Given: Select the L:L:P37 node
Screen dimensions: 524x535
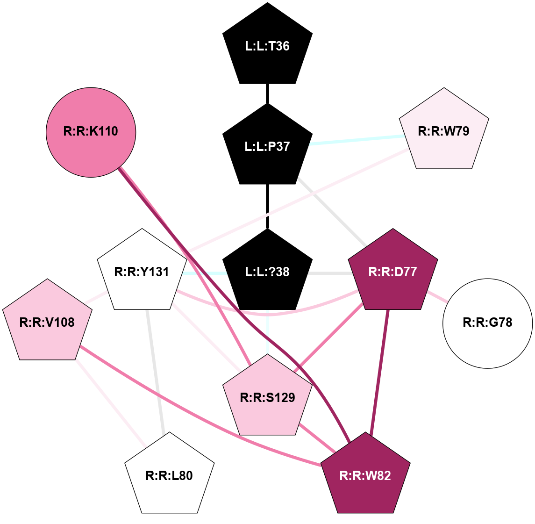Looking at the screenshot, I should pyautogui.click(x=267, y=146).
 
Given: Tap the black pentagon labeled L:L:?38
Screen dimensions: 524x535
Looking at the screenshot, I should pyautogui.click(x=267, y=272).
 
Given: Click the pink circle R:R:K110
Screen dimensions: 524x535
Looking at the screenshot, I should pyautogui.click(x=91, y=132).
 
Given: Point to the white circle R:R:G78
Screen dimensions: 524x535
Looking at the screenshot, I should pyautogui.click(x=487, y=323).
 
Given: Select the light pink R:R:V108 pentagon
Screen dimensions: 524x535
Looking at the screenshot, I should pyautogui.click(x=47, y=322).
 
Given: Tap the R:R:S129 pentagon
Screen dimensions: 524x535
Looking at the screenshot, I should pyautogui.click(x=267, y=397).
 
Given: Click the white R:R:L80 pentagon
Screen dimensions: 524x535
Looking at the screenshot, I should pyautogui.click(x=169, y=475).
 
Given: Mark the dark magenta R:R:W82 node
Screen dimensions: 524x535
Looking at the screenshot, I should pyautogui.click(x=365, y=475).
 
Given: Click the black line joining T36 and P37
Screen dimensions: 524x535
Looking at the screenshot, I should pyautogui.click(x=267, y=93).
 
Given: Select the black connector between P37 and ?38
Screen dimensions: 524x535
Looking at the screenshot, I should pyautogui.click(x=267, y=206).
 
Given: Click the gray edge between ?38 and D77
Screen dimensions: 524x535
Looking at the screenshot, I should pyautogui.click(x=329, y=272).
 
